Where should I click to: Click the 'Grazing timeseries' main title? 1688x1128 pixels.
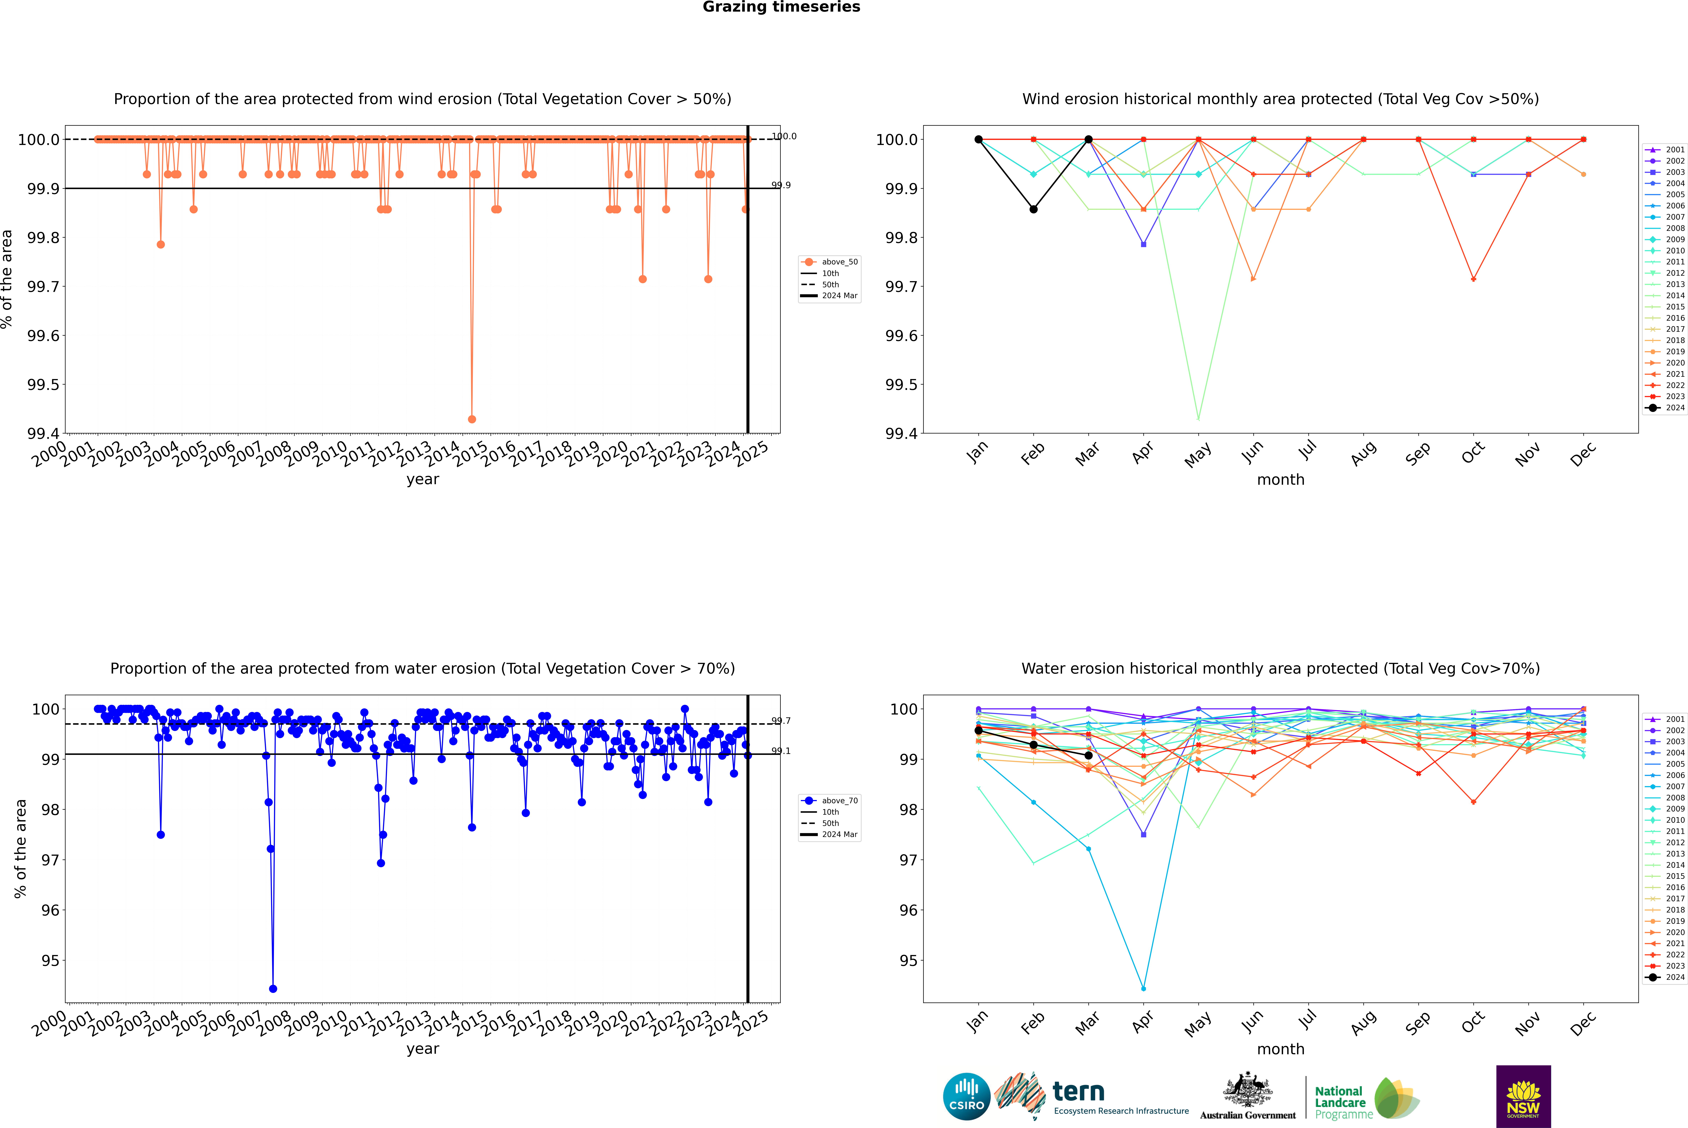pyautogui.click(x=781, y=7)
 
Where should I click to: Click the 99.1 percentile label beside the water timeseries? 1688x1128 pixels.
pyautogui.click(x=781, y=751)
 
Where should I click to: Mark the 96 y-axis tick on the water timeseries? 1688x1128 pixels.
pyautogui.click(x=50, y=910)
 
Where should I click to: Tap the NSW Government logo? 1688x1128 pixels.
pyautogui.click(x=1523, y=1096)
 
